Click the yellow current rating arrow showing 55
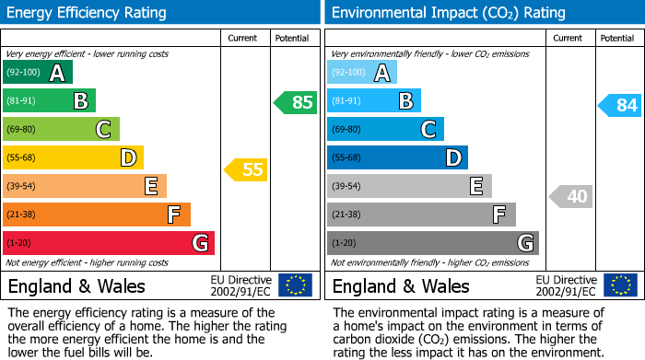click(245, 169)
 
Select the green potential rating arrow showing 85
click(295, 102)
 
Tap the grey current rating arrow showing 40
click(570, 196)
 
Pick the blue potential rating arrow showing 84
click(619, 105)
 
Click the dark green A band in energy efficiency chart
click(37, 73)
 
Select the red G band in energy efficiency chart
click(108, 243)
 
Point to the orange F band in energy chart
click(96, 215)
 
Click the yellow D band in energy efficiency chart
click(73, 157)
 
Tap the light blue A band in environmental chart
click(362, 73)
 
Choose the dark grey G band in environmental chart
click(432, 243)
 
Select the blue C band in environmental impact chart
click(385, 129)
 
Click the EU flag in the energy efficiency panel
click(295, 285)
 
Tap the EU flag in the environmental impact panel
click(619, 285)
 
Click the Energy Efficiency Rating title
click(88, 13)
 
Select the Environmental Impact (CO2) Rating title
click(448, 13)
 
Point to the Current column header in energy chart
click(242, 38)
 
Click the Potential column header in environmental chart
click(617, 38)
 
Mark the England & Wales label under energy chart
click(76, 285)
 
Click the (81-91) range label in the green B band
click(22, 101)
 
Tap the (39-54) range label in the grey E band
click(346, 186)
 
